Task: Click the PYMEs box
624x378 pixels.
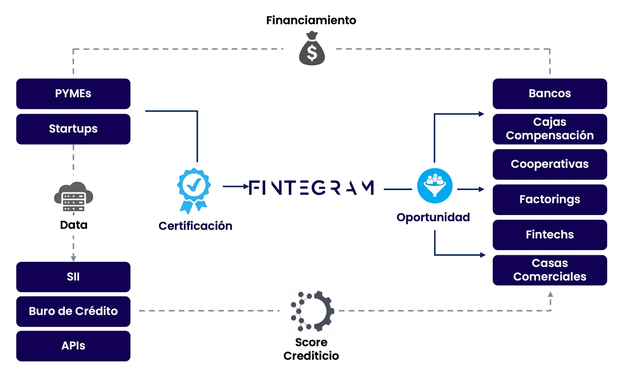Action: [x=73, y=94]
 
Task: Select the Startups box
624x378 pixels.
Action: [x=73, y=129]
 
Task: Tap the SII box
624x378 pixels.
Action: [x=73, y=277]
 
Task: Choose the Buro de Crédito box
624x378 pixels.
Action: [x=73, y=311]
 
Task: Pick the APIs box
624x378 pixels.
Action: [x=73, y=346]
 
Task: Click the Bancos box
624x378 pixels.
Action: [x=550, y=94]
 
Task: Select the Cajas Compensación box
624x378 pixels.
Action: [x=550, y=129]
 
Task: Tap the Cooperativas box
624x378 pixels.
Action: [x=550, y=164]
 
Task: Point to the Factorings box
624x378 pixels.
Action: [x=550, y=200]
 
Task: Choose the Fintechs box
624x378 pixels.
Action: [x=550, y=235]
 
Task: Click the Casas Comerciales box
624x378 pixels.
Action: [x=550, y=270]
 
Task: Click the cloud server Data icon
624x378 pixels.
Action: [x=73, y=197]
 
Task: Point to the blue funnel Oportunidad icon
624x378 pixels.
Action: [x=434, y=186]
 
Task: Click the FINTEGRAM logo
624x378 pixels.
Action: [x=311, y=188]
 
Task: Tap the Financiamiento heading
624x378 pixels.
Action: [x=311, y=20]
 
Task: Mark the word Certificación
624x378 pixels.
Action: [x=195, y=226]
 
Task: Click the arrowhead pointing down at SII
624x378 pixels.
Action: [x=73, y=258]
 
